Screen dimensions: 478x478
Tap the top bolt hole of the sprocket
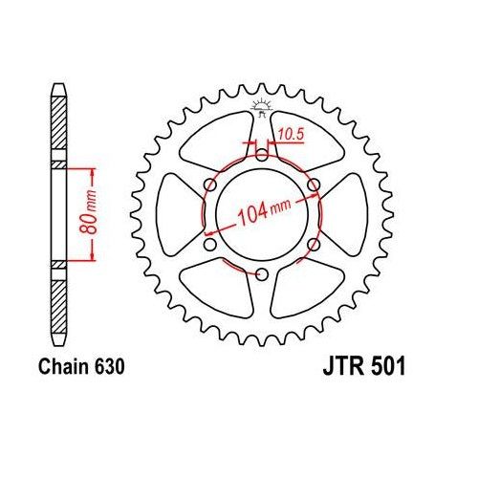click(x=261, y=150)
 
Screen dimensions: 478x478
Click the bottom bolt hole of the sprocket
click(x=261, y=275)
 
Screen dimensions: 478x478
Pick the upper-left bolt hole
click(x=207, y=182)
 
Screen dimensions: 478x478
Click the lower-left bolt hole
click(x=207, y=244)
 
